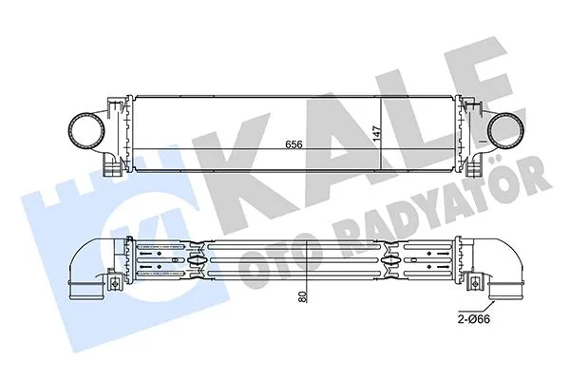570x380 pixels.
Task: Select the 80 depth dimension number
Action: [303, 296]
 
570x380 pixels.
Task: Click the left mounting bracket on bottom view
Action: [111, 283]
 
